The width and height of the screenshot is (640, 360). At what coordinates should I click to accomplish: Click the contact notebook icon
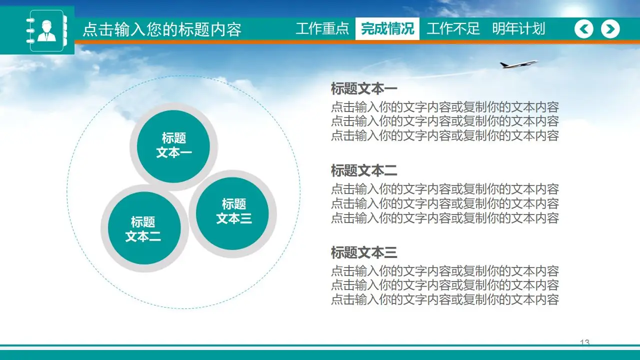tap(46, 30)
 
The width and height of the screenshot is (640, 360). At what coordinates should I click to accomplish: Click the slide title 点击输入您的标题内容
tap(161, 29)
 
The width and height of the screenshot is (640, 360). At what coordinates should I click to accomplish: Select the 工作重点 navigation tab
tap(322, 28)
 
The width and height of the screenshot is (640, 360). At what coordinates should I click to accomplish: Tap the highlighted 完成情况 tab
tap(387, 28)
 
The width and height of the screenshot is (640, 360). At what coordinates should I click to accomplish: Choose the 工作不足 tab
tap(453, 28)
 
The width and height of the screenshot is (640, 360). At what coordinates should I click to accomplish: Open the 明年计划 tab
tap(518, 28)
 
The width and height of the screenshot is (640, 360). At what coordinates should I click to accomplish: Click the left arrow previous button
tap(583, 29)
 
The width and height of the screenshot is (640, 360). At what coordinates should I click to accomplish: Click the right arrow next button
tap(610, 29)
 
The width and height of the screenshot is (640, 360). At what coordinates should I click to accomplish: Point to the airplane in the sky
tap(518, 64)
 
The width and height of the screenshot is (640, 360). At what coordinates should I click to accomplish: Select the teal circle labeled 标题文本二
tap(143, 229)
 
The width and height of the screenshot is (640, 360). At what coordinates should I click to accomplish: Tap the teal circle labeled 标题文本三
tap(233, 212)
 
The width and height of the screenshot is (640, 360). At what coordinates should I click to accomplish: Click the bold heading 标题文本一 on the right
tap(364, 89)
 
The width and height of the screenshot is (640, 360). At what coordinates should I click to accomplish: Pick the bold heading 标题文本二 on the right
tap(364, 171)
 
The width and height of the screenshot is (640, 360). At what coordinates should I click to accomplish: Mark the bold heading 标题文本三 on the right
tap(364, 252)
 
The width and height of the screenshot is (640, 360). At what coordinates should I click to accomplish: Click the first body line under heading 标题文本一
tap(444, 107)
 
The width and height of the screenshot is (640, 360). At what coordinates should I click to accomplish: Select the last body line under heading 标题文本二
tap(444, 217)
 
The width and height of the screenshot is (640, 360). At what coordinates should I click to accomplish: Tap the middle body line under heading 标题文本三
tap(444, 285)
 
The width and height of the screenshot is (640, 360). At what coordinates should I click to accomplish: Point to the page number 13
tap(584, 342)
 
